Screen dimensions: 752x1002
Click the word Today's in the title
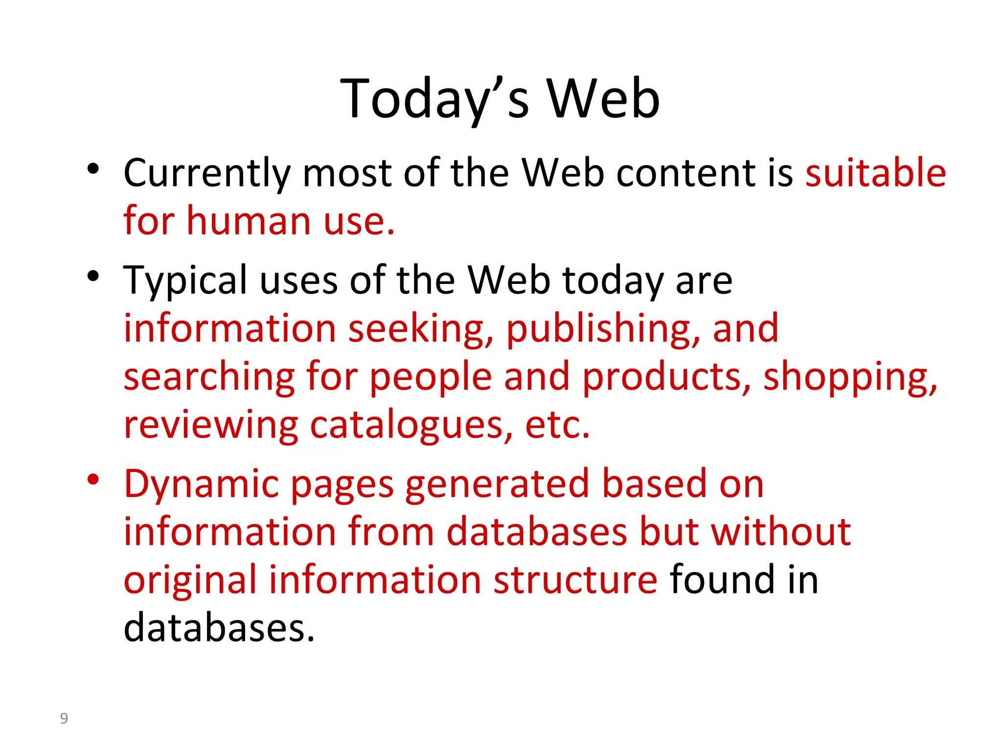(x=434, y=99)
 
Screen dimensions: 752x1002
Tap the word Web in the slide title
(x=603, y=99)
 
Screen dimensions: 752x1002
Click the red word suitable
(x=875, y=173)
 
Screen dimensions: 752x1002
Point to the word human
(x=249, y=221)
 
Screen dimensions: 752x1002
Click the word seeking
(x=421, y=329)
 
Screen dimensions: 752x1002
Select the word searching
(x=209, y=377)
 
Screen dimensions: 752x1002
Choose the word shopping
(x=850, y=377)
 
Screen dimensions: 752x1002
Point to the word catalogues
(x=411, y=425)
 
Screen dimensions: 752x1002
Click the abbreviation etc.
(x=557, y=425)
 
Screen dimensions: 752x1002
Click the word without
(x=781, y=532)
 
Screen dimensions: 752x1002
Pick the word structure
(x=575, y=580)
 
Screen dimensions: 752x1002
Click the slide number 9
(x=64, y=718)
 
